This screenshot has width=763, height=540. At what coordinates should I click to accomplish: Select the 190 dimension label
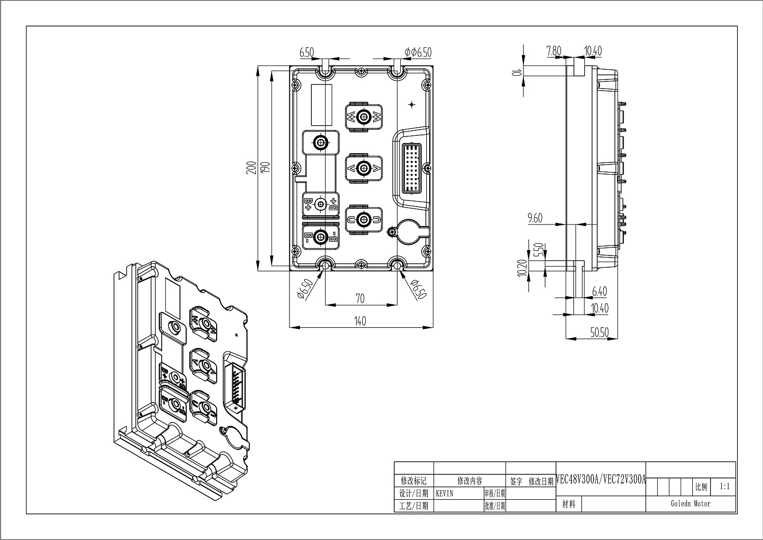pos(265,168)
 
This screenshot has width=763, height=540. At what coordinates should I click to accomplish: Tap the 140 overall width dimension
pos(360,321)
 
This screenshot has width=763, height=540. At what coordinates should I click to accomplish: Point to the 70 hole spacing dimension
pos(360,299)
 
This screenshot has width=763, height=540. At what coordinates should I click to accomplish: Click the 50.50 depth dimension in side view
pos(599,332)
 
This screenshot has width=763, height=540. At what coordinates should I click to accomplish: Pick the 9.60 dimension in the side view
pos(535,218)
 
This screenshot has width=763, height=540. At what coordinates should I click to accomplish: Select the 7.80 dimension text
pos(553,51)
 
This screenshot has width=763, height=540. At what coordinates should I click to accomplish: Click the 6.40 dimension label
pos(599,292)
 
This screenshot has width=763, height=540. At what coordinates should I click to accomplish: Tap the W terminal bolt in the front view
pos(363,117)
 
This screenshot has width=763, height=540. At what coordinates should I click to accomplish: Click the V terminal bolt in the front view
pos(363,168)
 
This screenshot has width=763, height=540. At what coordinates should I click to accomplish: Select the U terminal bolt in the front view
pos(363,219)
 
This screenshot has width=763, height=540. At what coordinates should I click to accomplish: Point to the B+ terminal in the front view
pos(320,204)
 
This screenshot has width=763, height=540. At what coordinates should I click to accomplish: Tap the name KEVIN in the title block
pos(445,494)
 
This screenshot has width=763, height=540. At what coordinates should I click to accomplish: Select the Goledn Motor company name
pos(690,504)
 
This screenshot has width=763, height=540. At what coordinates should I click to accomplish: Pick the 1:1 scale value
pos(725,487)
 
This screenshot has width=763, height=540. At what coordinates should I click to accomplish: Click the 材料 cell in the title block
pos(569,504)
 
